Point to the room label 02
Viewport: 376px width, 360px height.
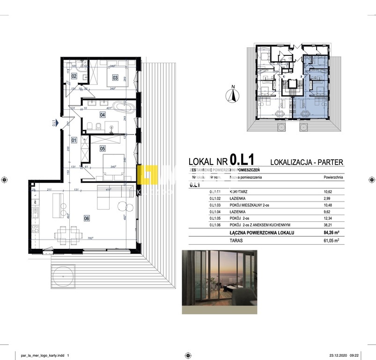point(74,76)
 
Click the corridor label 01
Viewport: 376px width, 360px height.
point(74,140)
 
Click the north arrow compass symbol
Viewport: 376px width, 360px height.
point(231,95)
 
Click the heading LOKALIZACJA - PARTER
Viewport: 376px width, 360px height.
point(307,162)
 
